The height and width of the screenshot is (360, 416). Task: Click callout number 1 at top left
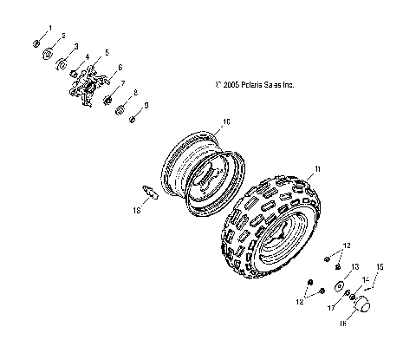(x=49, y=29)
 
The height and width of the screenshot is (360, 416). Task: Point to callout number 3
(x=76, y=46)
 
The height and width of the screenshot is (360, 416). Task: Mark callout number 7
(x=123, y=83)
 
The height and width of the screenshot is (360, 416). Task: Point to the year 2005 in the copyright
(x=230, y=85)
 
